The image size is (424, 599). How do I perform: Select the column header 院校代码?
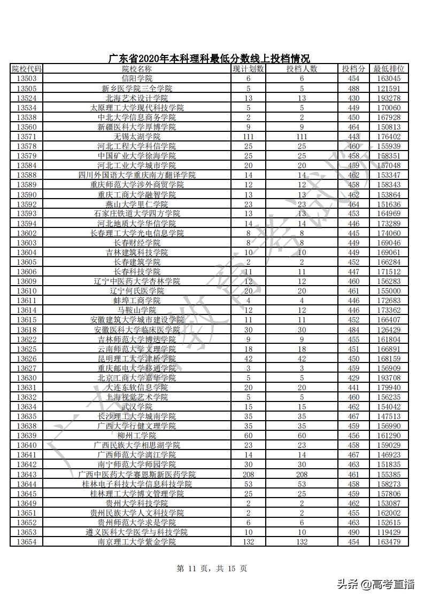point(26,69)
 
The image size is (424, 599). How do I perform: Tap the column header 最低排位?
point(389,69)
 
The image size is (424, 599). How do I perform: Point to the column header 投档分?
point(353,69)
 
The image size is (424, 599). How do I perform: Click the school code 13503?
point(26,78)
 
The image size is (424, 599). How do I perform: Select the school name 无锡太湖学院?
point(137,137)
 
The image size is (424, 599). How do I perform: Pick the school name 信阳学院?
point(137,78)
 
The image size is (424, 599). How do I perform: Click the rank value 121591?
point(389,88)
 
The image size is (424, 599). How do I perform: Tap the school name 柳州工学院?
point(137,436)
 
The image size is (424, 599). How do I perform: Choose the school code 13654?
point(26,542)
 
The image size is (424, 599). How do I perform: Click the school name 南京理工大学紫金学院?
point(137,542)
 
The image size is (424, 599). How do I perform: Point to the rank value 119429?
point(389,532)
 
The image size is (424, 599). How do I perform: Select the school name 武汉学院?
point(137,407)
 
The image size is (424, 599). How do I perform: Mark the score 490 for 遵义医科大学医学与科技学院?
point(353,532)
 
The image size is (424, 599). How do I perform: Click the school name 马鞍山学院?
point(137,310)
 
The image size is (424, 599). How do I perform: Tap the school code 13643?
point(26,474)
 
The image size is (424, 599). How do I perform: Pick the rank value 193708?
point(389,378)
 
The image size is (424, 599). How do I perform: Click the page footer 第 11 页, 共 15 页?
point(212,569)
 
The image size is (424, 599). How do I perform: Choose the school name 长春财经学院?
point(137,243)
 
